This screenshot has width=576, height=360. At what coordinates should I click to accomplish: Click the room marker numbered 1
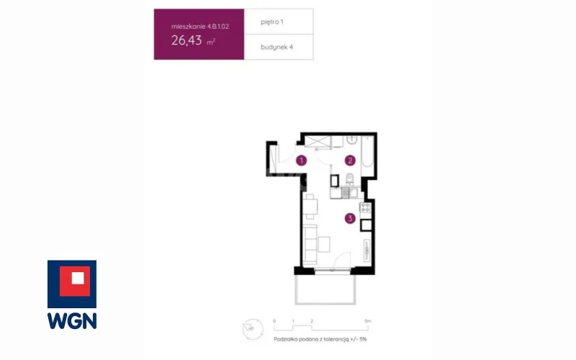301,161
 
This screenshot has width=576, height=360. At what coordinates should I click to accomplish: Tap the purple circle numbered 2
350,161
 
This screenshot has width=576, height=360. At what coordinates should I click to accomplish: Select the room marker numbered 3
350,219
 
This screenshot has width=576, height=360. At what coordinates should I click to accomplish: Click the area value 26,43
186,40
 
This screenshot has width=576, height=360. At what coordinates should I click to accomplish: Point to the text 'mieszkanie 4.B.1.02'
200,27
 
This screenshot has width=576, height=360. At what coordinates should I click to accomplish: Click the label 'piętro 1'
272,22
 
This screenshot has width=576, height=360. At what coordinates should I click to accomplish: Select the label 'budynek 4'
276,47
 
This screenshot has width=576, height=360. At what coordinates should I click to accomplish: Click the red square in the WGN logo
75,281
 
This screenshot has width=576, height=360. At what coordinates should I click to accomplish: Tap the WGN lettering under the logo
72,321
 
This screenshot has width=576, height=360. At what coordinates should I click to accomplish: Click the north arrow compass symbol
253,329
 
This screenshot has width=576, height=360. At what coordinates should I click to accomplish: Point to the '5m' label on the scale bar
368,321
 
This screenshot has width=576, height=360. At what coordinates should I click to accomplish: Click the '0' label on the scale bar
274,321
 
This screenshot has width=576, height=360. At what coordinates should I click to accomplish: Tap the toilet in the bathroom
350,179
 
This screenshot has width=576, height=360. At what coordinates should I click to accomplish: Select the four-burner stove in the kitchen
366,208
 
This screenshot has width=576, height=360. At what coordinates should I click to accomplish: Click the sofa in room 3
310,244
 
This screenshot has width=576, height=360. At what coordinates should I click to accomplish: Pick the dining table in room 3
311,207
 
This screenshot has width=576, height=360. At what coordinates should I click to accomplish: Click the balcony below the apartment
325,289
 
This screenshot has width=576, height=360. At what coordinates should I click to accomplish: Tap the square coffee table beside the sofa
324,245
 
